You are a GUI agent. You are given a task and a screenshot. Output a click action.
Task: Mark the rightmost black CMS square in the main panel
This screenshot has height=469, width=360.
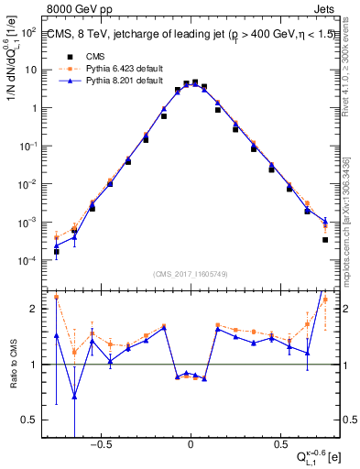[x=325, y=240]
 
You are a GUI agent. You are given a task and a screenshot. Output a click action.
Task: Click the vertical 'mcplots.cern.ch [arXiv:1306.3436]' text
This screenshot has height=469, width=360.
[x=353, y=211]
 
